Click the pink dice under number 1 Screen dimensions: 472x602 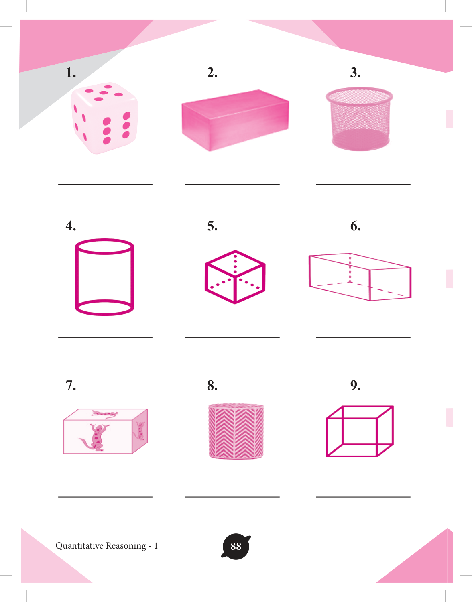point(104,118)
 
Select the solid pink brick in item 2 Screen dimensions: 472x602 point(235,120)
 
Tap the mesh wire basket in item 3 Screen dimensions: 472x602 point(359,119)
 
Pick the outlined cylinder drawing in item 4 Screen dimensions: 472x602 point(105,277)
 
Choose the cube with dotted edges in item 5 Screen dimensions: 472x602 point(235,277)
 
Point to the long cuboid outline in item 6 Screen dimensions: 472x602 point(360,277)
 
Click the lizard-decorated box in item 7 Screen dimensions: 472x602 point(105,431)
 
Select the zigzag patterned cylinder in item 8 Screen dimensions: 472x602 point(236,431)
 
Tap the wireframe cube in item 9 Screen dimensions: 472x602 point(360,431)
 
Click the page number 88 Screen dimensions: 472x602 point(236,546)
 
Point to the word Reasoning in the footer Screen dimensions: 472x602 point(126,546)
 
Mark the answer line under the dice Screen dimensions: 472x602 point(105,184)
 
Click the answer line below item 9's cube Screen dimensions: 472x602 point(363,497)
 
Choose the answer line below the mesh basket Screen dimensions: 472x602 point(363,184)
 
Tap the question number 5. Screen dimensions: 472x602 point(212,226)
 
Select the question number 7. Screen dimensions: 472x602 point(71,385)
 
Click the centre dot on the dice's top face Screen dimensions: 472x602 point(103,93)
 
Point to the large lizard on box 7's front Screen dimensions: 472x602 point(94,437)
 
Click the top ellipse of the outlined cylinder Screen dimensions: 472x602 point(105,246)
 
